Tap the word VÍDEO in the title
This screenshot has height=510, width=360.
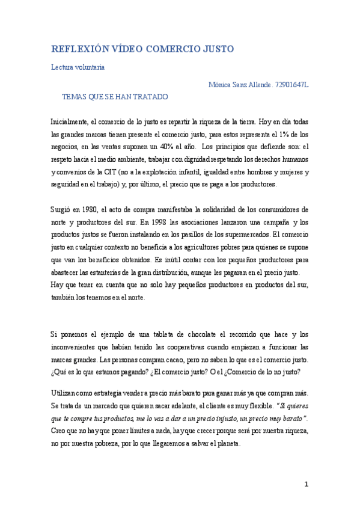click(x=127, y=49)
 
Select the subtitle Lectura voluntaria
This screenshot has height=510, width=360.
click(x=78, y=67)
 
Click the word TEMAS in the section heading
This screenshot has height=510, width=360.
click(x=75, y=96)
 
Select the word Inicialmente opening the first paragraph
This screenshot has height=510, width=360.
click(x=69, y=121)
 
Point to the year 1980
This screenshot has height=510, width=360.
click(x=91, y=209)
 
